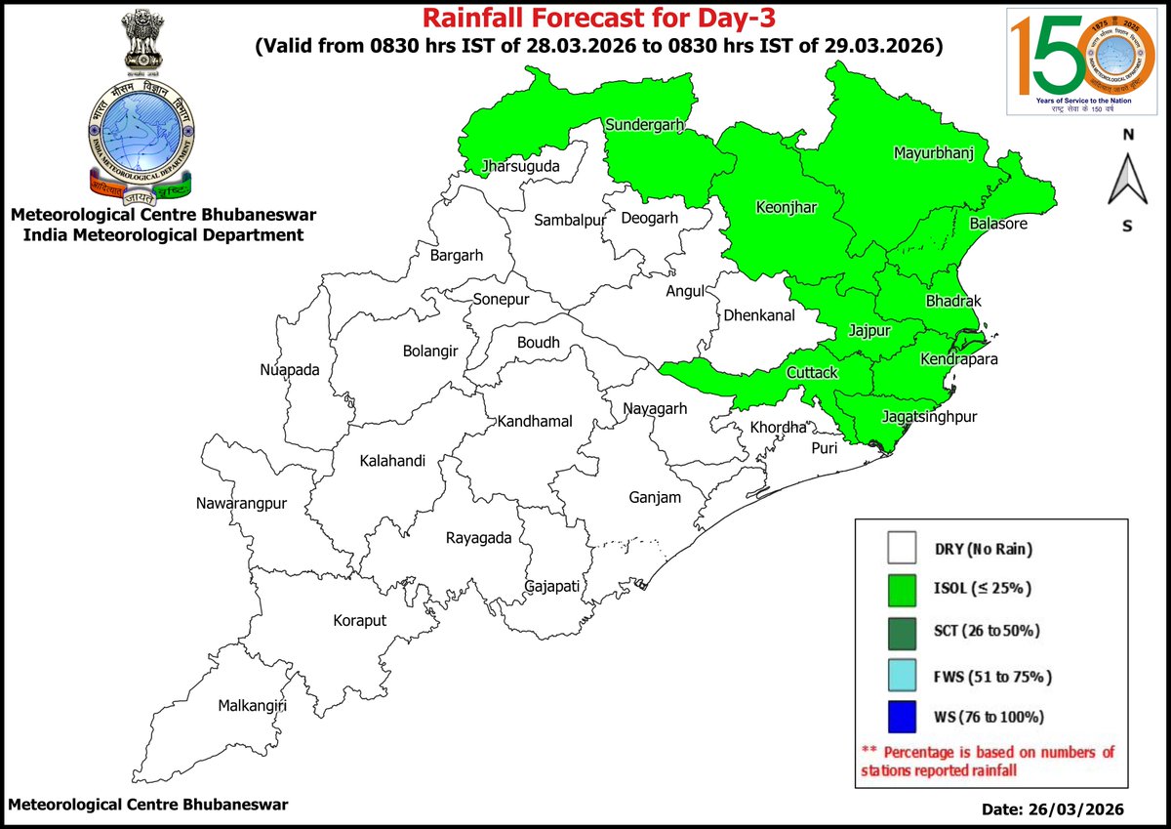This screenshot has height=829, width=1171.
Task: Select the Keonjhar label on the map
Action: (786, 207)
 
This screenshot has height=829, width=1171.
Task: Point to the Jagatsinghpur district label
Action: (929, 417)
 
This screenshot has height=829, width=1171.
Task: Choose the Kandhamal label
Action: (534, 422)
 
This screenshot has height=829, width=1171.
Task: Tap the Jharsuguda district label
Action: (520, 167)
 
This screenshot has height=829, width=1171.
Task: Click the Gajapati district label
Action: (552, 586)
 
